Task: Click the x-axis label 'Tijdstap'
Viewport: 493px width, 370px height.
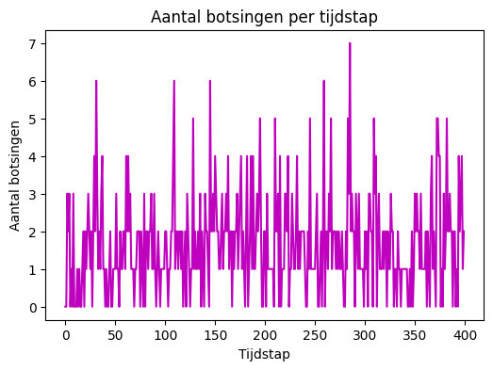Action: (264, 354)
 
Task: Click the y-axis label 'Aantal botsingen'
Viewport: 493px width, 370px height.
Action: (15, 175)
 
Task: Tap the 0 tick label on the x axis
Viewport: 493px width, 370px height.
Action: (65, 333)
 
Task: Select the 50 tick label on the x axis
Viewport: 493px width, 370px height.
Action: (115, 333)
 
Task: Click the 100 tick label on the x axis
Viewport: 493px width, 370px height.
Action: (165, 333)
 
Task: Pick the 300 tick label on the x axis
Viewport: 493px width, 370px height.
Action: (365, 333)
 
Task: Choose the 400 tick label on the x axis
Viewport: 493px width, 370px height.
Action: (465, 333)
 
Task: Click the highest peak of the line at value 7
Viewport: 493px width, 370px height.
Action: (350, 43)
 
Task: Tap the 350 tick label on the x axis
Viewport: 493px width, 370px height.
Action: (415, 333)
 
